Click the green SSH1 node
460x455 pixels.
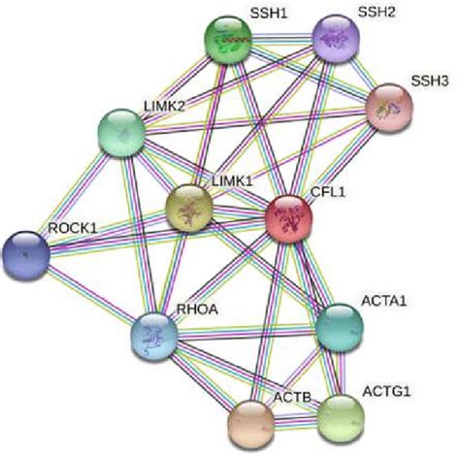tap(228, 40)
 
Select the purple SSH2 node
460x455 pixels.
tap(336, 38)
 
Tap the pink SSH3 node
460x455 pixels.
tap(389, 108)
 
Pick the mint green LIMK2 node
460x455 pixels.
tap(121, 133)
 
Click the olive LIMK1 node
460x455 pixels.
tap(189, 209)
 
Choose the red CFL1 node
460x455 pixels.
tap(289, 219)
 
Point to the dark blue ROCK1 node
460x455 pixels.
tap(26, 255)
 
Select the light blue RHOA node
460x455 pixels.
tap(154, 337)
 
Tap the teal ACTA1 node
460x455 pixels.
tap(340, 328)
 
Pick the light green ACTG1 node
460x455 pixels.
tap(341, 419)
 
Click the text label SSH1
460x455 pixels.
tap(269, 14)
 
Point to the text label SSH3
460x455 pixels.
tap(430, 81)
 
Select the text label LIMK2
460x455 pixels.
tap(164, 106)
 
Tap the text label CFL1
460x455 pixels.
tap(328, 192)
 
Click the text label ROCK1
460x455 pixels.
tap(73, 228)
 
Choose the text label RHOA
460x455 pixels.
tap(197, 309)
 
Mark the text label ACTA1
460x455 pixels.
tap(384, 301)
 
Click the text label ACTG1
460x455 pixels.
tap(386, 392)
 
